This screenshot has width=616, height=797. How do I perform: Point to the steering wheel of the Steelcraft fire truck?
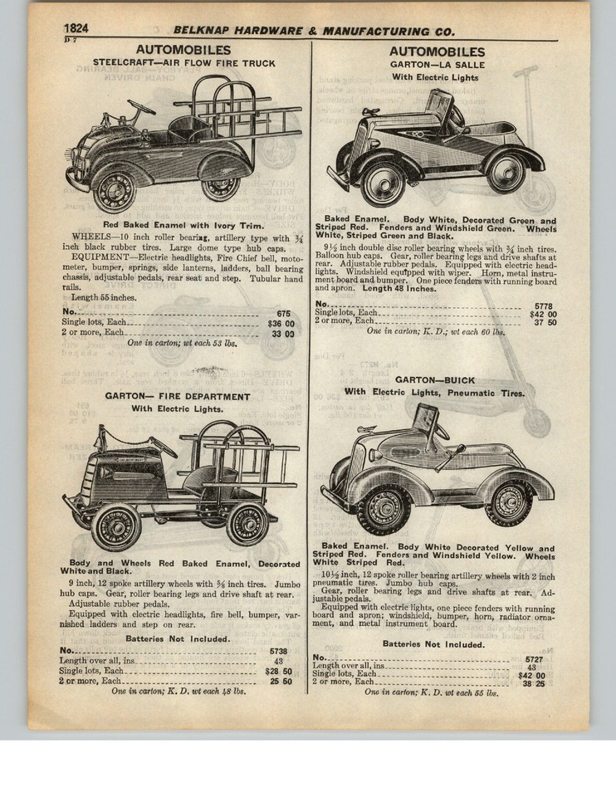141,107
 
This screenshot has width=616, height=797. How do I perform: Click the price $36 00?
281,323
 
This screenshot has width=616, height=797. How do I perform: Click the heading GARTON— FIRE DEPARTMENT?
177,396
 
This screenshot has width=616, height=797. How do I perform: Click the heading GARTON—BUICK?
438,379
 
